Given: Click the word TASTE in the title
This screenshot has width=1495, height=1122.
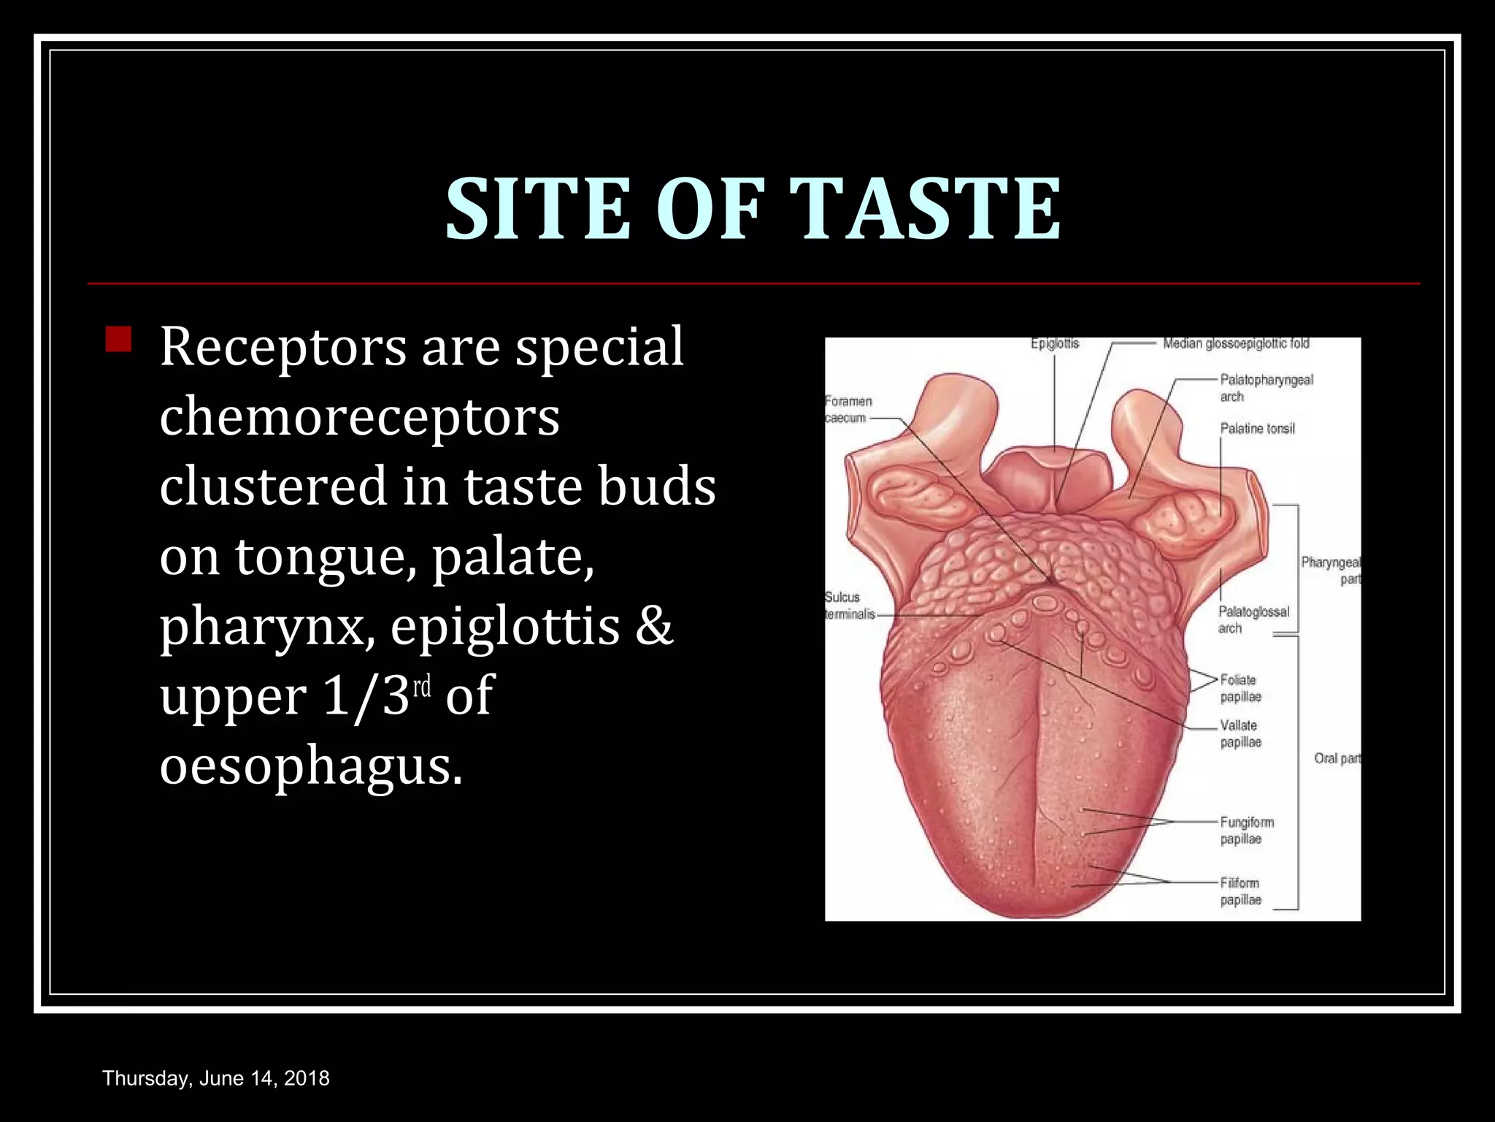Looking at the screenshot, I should (926, 209).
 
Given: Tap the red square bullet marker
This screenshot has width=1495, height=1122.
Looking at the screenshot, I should (118, 340).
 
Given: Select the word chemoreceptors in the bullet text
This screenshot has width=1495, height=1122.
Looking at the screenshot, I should (359, 416).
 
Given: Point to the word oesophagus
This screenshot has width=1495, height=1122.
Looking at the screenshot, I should (310, 767).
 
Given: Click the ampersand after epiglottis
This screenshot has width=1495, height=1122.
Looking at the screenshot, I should (653, 627).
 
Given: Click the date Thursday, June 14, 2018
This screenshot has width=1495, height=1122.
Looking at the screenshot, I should (216, 1078).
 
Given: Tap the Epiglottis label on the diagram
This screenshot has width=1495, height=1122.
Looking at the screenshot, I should (1054, 343).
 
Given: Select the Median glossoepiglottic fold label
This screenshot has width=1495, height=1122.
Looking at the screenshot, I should (1236, 343).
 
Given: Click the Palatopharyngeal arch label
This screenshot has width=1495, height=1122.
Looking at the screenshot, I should (1266, 388).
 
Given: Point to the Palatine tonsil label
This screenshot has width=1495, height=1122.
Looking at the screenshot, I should (1257, 429).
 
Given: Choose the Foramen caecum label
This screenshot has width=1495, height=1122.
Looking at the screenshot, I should (848, 409).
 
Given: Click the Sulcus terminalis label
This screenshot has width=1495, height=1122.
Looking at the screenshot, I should (849, 606).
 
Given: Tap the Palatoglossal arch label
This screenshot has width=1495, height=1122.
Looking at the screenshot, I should (1253, 619).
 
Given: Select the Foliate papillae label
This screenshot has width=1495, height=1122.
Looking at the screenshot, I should (1240, 688).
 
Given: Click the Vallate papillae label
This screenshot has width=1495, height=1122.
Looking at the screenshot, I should (1240, 733).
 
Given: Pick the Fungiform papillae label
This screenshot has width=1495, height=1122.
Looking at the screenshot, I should (1247, 831).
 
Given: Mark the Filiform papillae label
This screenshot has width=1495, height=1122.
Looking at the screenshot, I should (1240, 891).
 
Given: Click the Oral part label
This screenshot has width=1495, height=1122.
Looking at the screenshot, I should (1337, 758).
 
